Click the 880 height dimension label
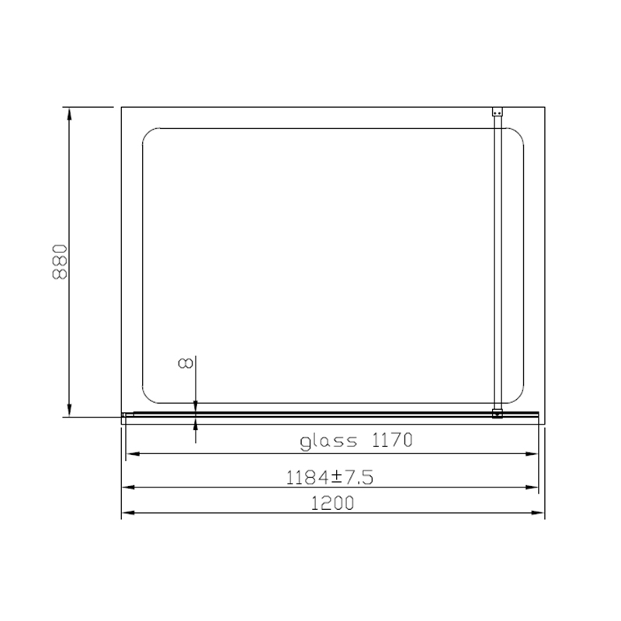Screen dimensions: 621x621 click(x=60, y=262)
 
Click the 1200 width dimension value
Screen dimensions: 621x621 click(x=333, y=503)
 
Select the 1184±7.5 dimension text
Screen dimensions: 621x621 click(x=329, y=477)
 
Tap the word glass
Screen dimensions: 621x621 click(x=328, y=441)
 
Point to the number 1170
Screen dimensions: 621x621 click(x=392, y=440)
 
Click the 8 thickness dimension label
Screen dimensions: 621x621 click(x=186, y=363)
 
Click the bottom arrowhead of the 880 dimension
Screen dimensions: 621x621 click(x=69, y=411)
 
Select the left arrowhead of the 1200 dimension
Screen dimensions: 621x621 click(x=128, y=513)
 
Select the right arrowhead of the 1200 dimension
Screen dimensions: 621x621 click(x=538, y=513)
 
